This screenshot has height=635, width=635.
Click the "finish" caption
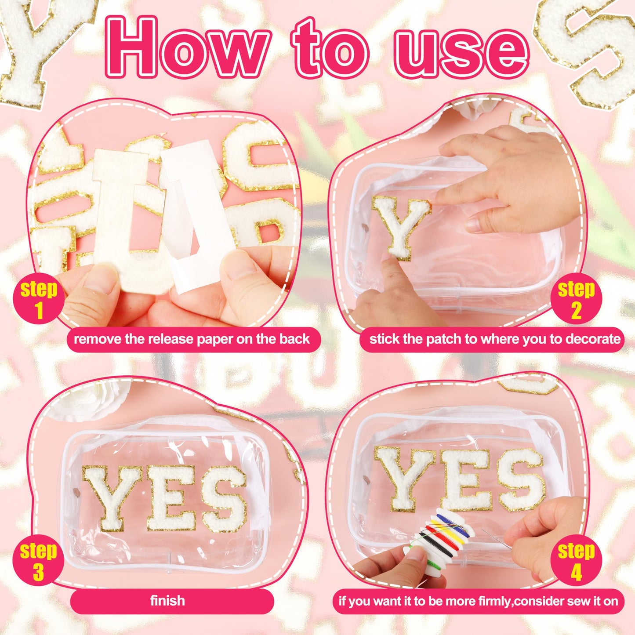[167, 601]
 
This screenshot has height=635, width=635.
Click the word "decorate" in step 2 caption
[593, 339]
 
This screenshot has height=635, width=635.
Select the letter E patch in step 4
[464, 479]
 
